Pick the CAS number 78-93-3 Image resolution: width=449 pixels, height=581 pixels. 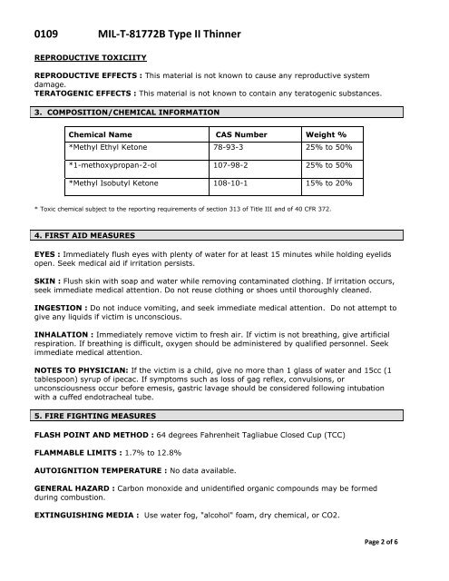coord(229,147)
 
